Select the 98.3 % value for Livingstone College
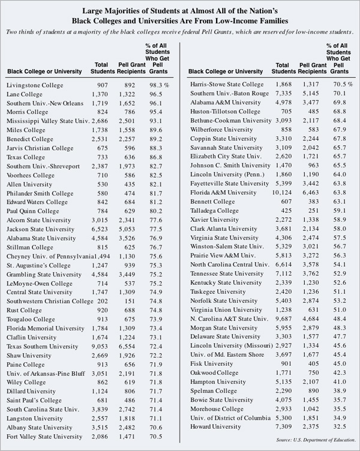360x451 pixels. click(159, 85)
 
